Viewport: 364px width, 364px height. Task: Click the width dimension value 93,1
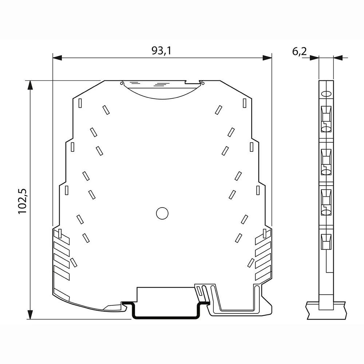pyautogui.click(x=161, y=51)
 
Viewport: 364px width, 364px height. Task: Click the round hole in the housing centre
pyautogui.click(x=162, y=213)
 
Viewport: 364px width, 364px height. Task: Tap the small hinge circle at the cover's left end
pyautogui.click(x=121, y=83)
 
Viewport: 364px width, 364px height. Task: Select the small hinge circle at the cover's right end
pyautogui.click(x=203, y=83)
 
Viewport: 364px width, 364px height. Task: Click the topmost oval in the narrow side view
pyautogui.click(x=326, y=94)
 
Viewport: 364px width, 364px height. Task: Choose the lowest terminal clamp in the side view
pyautogui.click(x=326, y=242)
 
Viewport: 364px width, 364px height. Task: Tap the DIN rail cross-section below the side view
pyautogui.click(x=326, y=310)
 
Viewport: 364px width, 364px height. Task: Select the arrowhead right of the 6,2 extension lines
pyautogui.click(x=338, y=58)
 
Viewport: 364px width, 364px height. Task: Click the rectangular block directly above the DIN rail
pyautogui.click(x=166, y=294)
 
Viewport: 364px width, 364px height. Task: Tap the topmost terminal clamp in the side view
pyautogui.click(x=326, y=114)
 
